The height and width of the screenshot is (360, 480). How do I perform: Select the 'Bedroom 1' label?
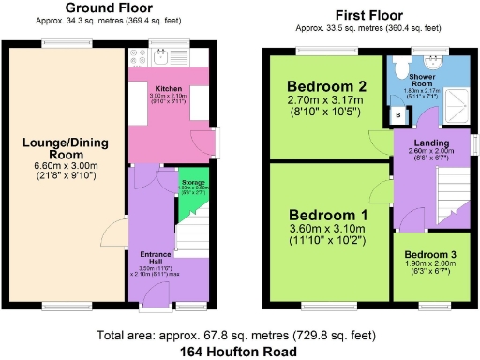point(327,214)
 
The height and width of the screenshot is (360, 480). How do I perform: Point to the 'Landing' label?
point(432,142)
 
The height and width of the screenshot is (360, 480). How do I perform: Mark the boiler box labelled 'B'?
point(397,116)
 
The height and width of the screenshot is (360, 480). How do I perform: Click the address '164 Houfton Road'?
point(239,351)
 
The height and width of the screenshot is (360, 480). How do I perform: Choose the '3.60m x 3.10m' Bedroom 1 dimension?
point(327,228)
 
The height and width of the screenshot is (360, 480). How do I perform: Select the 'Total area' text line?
point(239,335)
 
